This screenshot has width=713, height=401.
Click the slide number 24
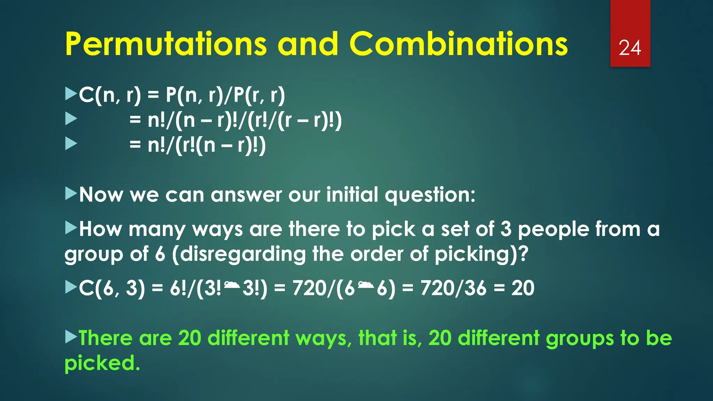(630, 48)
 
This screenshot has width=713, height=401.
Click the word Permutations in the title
(166, 44)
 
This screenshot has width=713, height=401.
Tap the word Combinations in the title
(458, 44)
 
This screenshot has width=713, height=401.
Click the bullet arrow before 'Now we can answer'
(71, 194)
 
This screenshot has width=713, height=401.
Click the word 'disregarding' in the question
(239, 254)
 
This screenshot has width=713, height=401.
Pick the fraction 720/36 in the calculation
(453, 288)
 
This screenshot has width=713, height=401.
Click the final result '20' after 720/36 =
(523, 288)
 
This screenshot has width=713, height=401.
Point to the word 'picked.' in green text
(102, 363)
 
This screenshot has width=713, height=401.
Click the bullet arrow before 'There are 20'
(71, 337)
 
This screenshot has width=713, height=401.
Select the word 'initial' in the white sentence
(352, 194)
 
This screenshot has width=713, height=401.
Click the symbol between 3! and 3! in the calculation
(232, 286)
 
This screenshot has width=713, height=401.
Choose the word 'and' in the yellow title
(308, 44)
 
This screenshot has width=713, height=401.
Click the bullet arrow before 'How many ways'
(71, 228)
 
